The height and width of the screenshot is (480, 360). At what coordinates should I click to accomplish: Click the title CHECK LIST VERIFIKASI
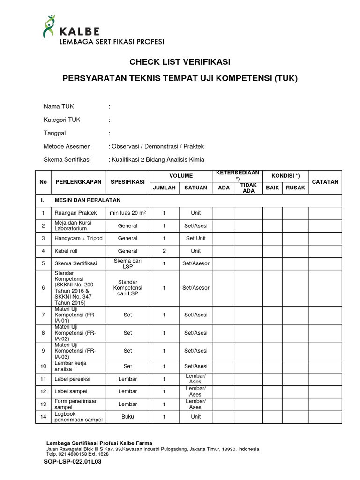point(180,62)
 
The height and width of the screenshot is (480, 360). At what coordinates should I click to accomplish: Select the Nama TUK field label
point(59,106)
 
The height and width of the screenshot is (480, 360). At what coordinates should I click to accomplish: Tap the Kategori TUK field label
point(62,120)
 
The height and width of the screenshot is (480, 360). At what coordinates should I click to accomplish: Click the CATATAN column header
point(325,182)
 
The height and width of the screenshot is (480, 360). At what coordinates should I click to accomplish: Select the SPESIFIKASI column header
point(127,182)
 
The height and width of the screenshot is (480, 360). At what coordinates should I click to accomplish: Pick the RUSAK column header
point(295,187)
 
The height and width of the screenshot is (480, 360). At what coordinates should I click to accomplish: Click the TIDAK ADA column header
point(248,187)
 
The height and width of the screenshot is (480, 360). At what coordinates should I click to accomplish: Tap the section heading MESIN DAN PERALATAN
point(87,200)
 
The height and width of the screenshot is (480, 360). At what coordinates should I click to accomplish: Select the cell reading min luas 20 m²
point(127,213)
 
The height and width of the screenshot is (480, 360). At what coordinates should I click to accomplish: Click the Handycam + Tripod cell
point(78,238)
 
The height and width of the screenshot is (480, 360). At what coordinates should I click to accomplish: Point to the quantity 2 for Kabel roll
point(164,251)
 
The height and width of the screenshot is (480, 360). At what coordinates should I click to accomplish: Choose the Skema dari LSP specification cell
point(127,263)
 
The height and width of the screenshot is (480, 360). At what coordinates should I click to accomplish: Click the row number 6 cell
point(43,288)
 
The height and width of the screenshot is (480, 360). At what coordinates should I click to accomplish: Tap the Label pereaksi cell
point(72,379)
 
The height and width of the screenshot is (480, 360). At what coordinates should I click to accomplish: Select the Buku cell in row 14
point(127,416)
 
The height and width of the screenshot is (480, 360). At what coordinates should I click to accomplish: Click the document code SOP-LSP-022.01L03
point(73,461)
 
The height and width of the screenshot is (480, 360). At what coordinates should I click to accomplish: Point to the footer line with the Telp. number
point(77,454)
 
